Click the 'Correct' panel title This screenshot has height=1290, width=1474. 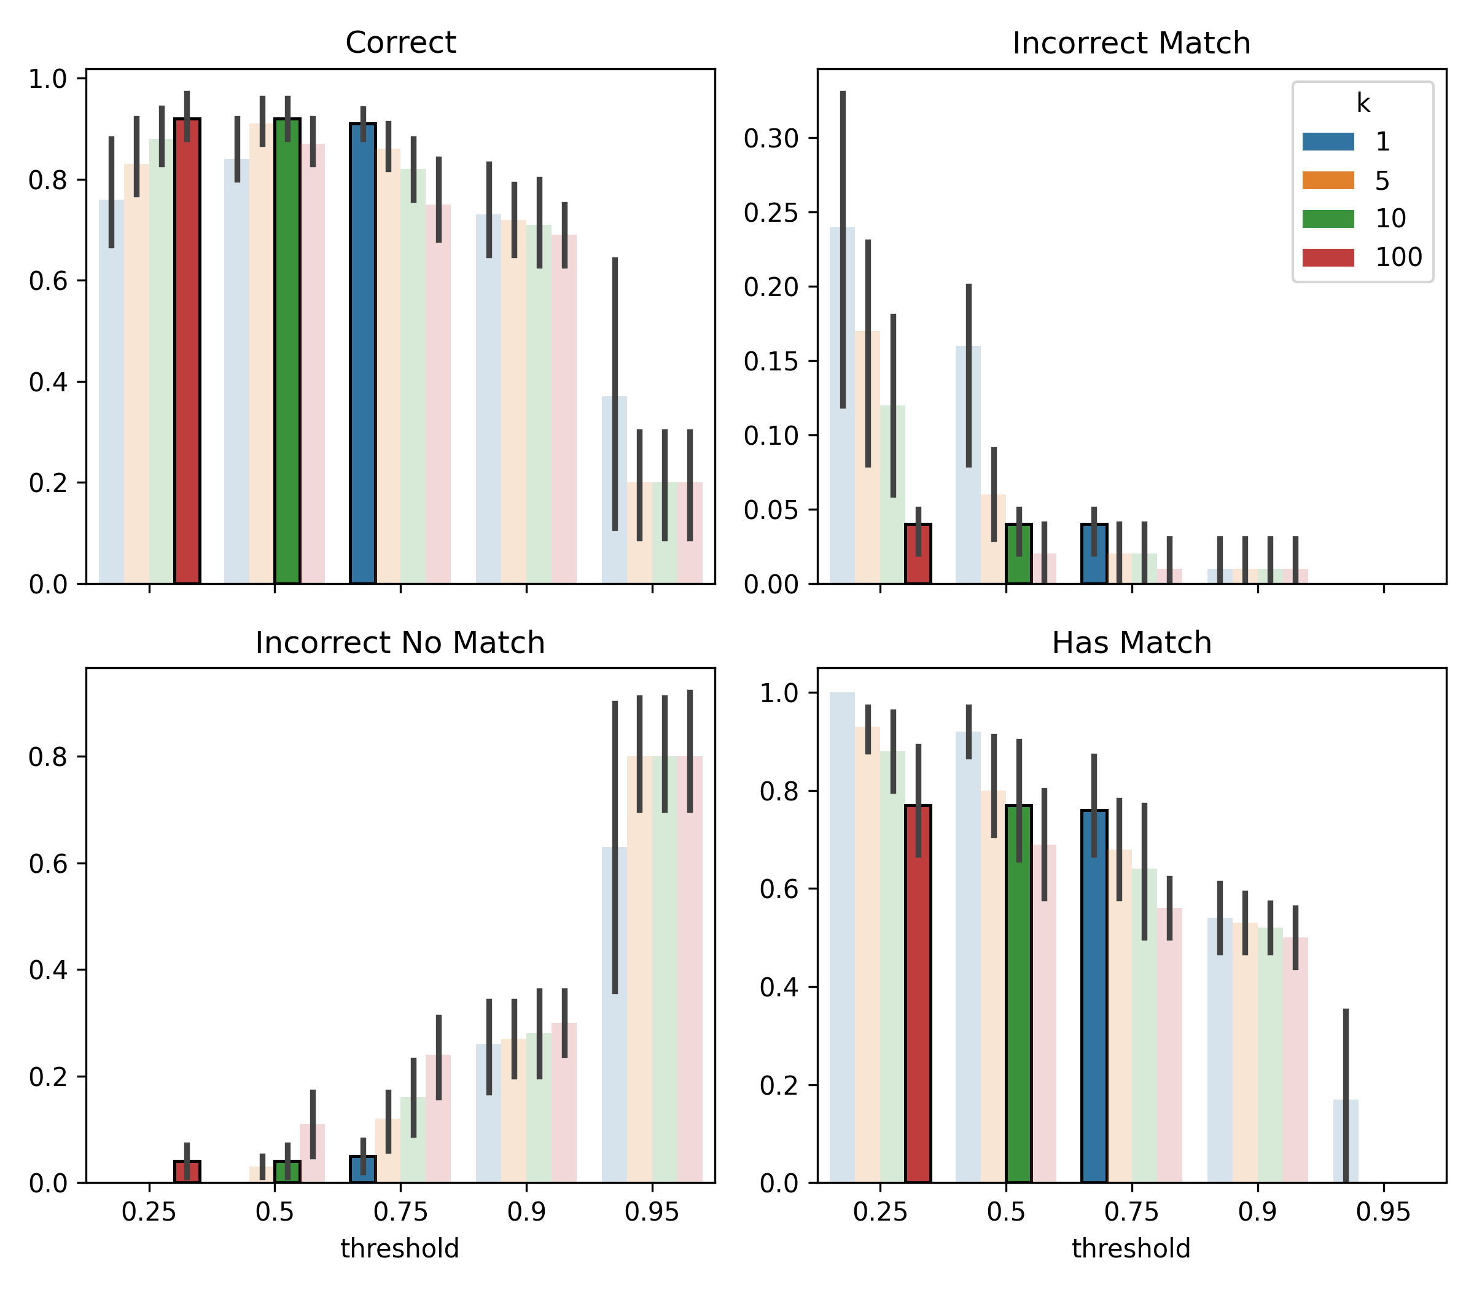[x=400, y=42]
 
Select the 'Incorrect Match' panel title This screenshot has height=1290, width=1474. [x=1131, y=43]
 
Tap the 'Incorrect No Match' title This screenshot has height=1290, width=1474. [x=400, y=643]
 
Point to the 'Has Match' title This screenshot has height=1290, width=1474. [x=1131, y=643]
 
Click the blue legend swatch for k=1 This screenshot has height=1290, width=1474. [x=1328, y=142]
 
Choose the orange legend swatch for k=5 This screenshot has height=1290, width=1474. [x=1328, y=180]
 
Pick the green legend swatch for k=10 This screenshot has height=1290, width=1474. [x=1328, y=218]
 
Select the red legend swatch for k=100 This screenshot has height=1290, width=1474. [x=1328, y=257]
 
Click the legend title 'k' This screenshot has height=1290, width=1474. [x=1362, y=104]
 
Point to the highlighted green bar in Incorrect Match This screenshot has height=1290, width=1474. [x=1018, y=553]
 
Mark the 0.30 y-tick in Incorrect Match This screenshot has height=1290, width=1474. [x=771, y=138]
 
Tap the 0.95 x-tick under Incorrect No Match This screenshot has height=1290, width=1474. [x=652, y=1213]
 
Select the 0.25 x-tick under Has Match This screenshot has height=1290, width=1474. [x=879, y=1213]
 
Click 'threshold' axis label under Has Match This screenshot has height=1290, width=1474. [x=1131, y=1249]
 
